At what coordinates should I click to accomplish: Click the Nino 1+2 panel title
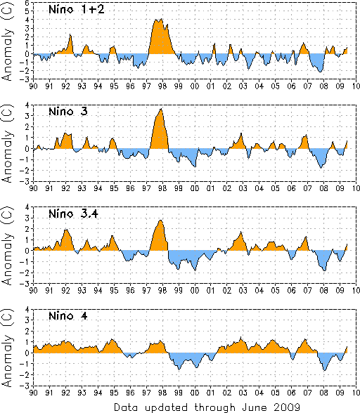(77, 10)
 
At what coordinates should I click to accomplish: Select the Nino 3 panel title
(68, 112)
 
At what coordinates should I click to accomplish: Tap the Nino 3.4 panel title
(73, 214)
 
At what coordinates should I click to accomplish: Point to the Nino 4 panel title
(68, 315)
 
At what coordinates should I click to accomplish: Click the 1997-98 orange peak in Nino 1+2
(160, 37)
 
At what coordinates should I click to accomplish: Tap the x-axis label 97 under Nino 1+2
(146, 86)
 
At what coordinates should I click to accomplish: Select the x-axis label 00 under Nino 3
(195, 188)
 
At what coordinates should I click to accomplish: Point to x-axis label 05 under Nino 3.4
(276, 290)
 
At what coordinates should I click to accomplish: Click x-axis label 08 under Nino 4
(324, 393)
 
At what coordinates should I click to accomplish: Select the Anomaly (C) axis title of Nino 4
(8, 348)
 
